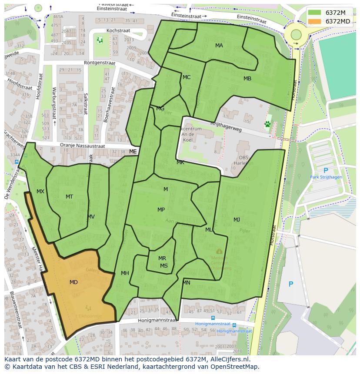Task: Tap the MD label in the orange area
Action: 73,282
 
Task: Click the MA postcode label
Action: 219,45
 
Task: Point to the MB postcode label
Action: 247,79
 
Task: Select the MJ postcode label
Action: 237,219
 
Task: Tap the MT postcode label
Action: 69,197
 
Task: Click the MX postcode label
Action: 40,192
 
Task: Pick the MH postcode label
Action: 125,273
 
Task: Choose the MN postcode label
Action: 186,283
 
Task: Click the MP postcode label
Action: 161,210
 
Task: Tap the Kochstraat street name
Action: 119,31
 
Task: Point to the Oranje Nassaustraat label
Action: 83,146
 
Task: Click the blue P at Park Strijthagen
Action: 326,171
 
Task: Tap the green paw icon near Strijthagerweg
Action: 267,124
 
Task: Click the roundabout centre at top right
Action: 296,34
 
